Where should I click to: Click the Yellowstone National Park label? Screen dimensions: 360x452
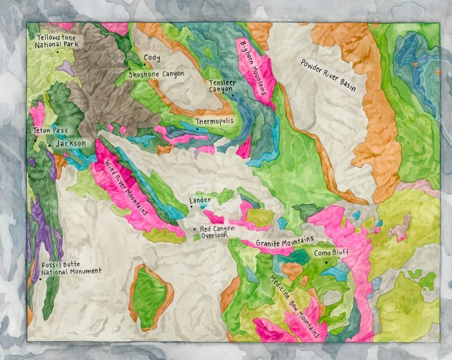coord(58,41)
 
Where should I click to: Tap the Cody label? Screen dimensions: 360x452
coord(152,58)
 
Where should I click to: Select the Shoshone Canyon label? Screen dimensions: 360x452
coord(157,75)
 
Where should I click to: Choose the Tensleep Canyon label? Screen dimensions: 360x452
coord(221,88)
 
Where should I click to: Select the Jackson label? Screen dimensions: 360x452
coord(71,143)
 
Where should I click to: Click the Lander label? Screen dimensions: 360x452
coord(200,200)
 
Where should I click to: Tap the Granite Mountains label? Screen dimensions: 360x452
coord(285,243)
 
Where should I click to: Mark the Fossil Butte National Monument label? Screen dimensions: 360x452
coord(70,268)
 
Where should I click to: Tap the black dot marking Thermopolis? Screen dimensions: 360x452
coord(195,129)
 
